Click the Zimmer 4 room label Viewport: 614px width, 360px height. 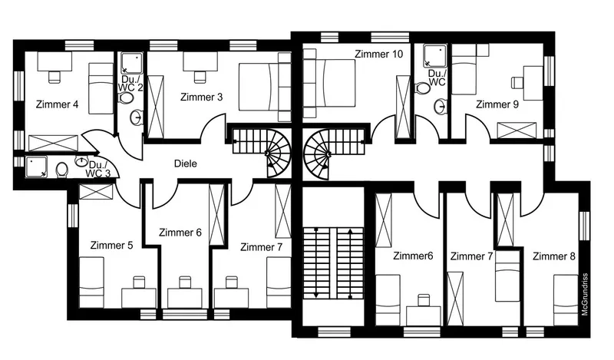tap(57, 104)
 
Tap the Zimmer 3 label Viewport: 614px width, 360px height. tap(202, 97)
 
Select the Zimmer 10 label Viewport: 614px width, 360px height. tap(378, 54)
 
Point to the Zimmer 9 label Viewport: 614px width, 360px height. tap(497, 104)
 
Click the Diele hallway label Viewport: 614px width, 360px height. tap(186, 163)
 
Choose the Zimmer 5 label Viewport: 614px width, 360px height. tap(111, 245)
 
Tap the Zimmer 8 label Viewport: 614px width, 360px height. tap(554, 256)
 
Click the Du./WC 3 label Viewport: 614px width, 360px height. tap(98, 169)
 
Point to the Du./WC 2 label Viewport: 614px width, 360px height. tap(130, 83)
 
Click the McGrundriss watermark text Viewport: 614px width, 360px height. tap(585, 294)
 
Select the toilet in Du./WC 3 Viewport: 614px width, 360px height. tap(61, 170)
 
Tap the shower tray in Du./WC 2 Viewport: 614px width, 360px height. tap(131, 63)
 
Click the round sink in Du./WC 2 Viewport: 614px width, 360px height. tap(137, 117)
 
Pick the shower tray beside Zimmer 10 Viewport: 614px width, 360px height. tap(435, 55)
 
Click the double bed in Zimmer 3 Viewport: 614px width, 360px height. tap(259, 88)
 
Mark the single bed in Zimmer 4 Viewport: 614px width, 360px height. tap(101, 88)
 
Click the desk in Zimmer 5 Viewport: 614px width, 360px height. tap(139, 298)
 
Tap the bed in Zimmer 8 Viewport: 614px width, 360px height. tap(566, 300)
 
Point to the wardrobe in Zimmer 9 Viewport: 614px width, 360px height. tap(517, 130)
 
